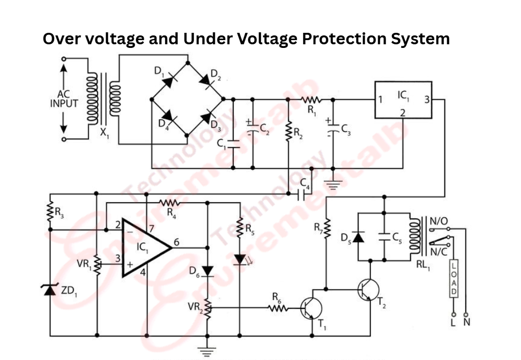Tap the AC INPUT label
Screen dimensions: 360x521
[64, 100]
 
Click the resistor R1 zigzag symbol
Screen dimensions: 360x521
[311, 99]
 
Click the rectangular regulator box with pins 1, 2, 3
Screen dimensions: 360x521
[403, 100]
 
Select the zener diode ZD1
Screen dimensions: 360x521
[50, 289]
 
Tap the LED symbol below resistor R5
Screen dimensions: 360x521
[240, 259]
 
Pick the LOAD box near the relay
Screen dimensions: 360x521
[453, 279]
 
